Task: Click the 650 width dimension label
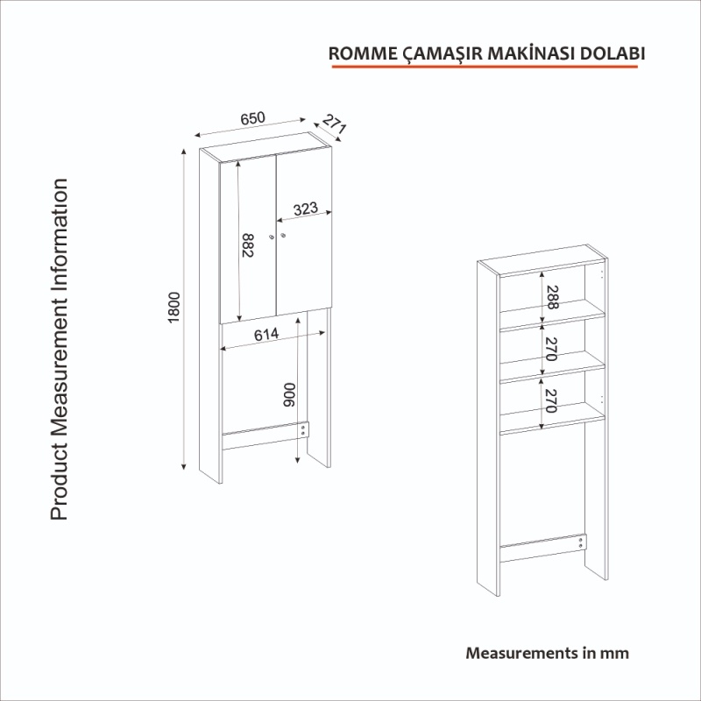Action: pyautogui.click(x=252, y=118)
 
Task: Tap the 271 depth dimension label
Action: pyautogui.click(x=334, y=124)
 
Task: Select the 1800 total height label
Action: pyautogui.click(x=173, y=308)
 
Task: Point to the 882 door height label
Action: pyautogui.click(x=247, y=245)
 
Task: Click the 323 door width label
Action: pyautogui.click(x=306, y=209)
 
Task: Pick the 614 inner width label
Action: pyautogui.click(x=266, y=335)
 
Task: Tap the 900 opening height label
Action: pyautogui.click(x=290, y=395)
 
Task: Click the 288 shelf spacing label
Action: pyautogui.click(x=553, y=297)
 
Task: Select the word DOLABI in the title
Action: pyautogui.click(x=612, y=53)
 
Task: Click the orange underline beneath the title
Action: pyautogui.click(x=485, y=67)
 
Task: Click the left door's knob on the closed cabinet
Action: pyautogui.click(x=272, y=237)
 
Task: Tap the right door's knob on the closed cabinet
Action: pyautogui.click(x=283, y=235)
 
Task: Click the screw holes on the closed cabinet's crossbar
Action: pyautogui.click(x=302, y=430)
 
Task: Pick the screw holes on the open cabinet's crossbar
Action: pyautogui.click(x=581, y=542)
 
